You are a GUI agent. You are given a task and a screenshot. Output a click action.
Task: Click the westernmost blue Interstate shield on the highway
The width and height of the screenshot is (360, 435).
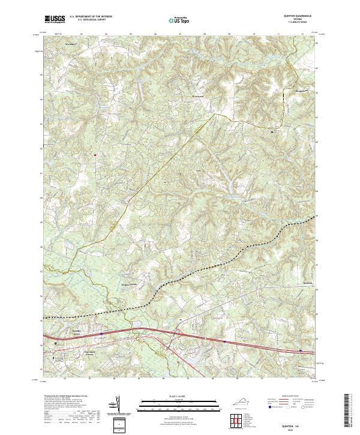pyautogui.click(x=102, y=334)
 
